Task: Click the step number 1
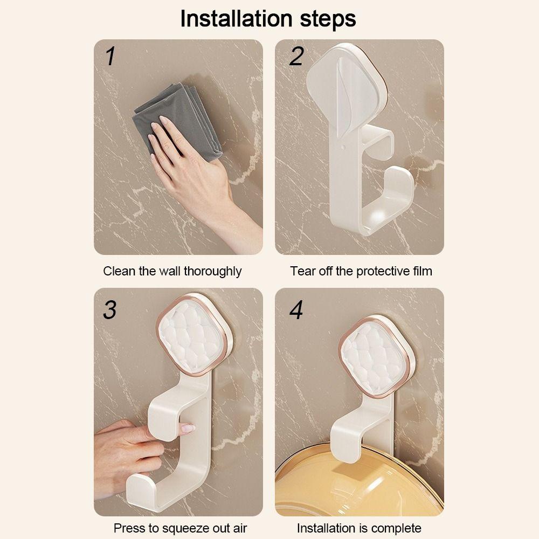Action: pos(110,57)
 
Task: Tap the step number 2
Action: pos(296,57)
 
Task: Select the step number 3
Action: pos(110,310)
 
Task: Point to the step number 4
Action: pos(296,310)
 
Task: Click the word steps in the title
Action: pos(328,19)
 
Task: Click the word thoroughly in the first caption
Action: pos(212,272)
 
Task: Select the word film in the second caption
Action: pos(423,271)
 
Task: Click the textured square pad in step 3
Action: pos(194,335)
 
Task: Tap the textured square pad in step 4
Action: pos(375,357)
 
